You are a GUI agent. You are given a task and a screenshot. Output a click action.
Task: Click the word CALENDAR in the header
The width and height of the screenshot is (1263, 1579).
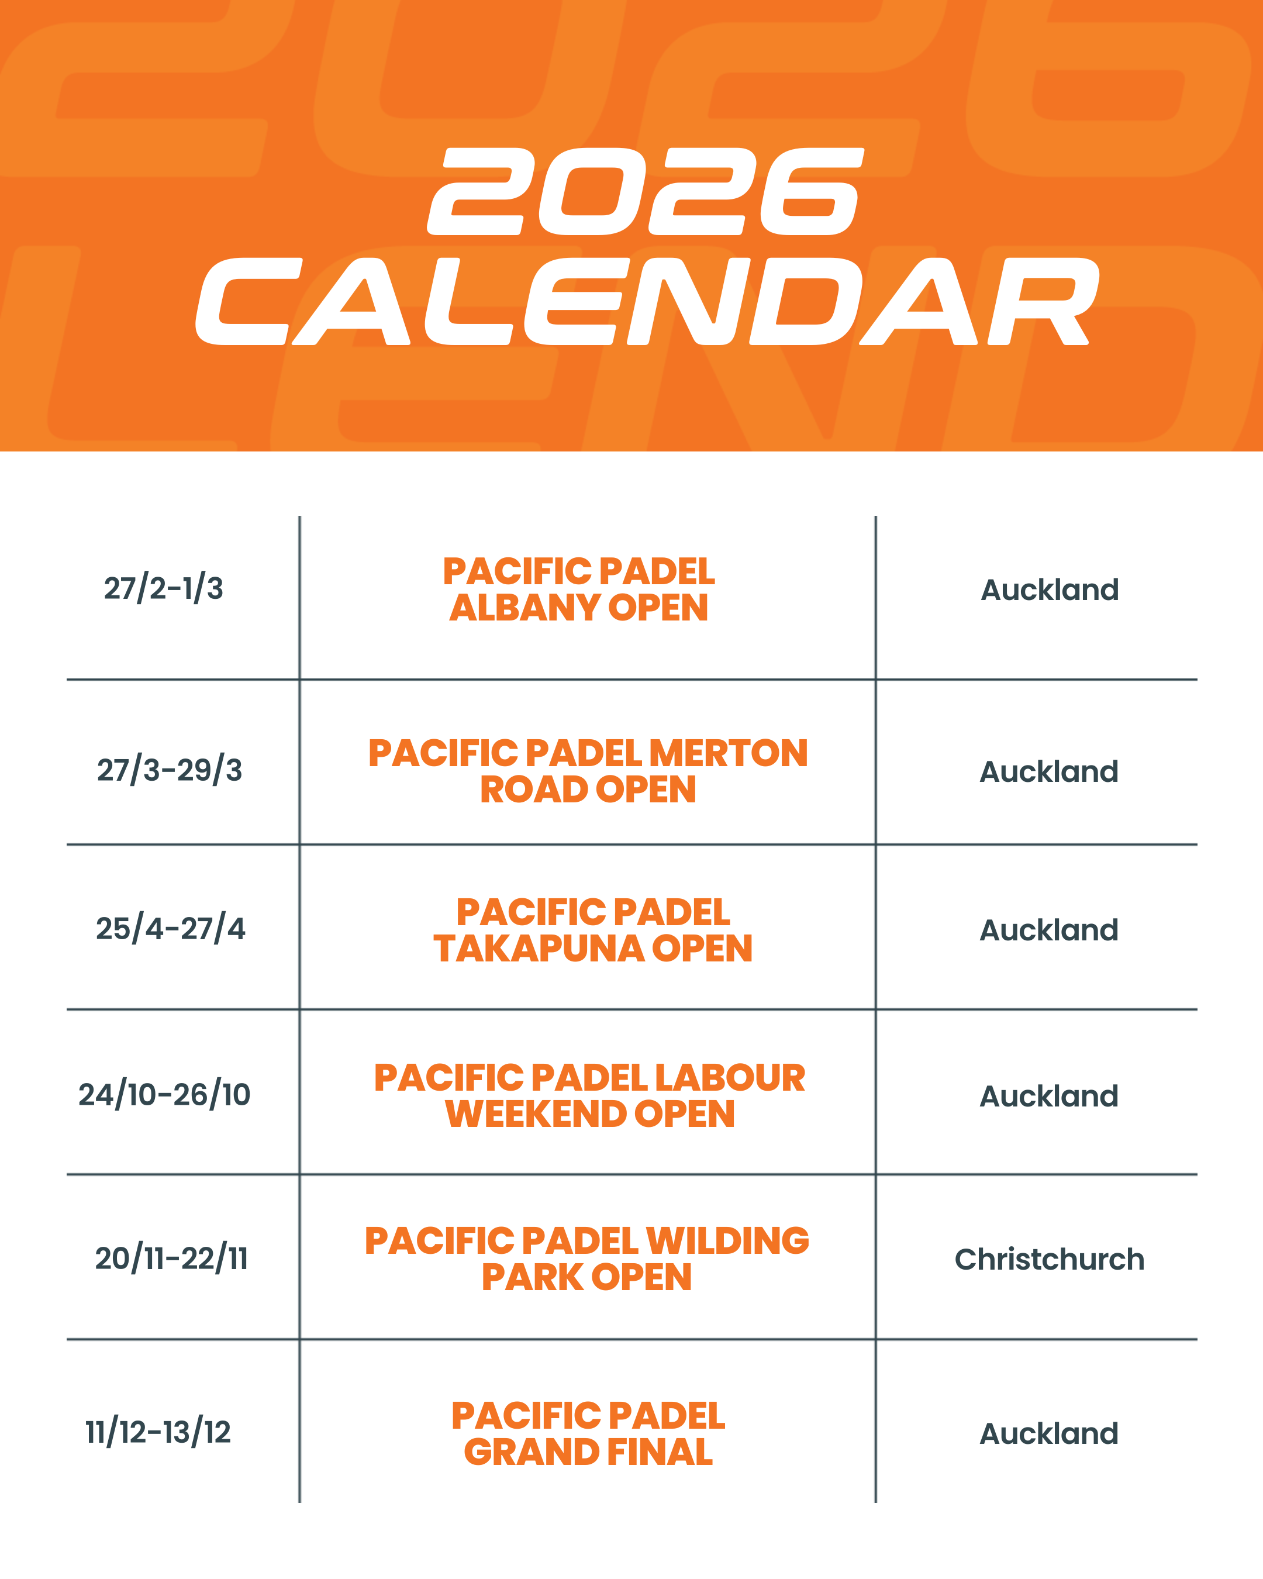point(647,301)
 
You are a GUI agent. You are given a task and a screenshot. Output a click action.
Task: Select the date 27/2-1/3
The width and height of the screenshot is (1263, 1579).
point(163,589)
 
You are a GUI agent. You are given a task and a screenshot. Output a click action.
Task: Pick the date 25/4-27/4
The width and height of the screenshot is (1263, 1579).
point(171,929)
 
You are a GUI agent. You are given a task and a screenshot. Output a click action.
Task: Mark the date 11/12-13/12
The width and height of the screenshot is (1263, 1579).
point(158,1432)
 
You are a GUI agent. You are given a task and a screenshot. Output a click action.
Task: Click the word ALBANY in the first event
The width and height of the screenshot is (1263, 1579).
point(524,608)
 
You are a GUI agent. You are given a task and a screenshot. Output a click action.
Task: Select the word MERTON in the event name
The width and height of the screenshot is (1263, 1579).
point(729,754)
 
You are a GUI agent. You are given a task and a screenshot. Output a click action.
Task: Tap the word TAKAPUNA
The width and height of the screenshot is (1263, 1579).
point(538,949)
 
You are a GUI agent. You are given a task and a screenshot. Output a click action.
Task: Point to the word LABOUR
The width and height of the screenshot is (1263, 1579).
point(730,1078)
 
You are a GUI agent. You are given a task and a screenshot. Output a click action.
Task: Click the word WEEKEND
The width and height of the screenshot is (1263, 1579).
point(535,1114)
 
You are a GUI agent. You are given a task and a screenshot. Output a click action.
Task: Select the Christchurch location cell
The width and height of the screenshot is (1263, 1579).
point(1049,1260)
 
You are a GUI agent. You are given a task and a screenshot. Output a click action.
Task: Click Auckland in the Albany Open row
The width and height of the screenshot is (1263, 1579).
point(1049,590)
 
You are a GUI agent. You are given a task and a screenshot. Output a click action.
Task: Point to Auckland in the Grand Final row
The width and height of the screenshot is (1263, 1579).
point(1048,1433)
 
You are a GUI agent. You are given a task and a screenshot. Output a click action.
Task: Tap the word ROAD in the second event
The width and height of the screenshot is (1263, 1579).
point(533,789)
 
